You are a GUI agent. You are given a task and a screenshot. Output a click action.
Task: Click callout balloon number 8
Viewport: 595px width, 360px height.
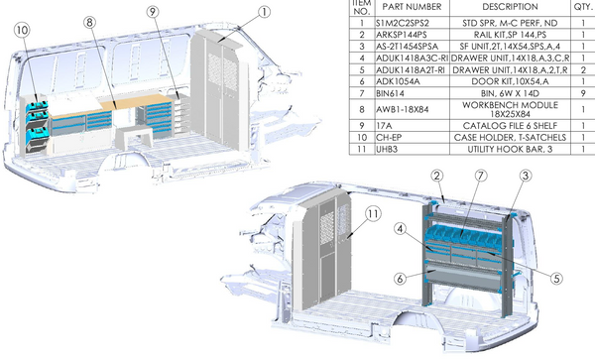pos(89,21)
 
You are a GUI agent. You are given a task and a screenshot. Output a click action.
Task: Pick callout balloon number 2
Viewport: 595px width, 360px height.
pos(435,176)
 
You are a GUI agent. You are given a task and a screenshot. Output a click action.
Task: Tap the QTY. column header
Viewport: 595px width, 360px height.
pos(582,6)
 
